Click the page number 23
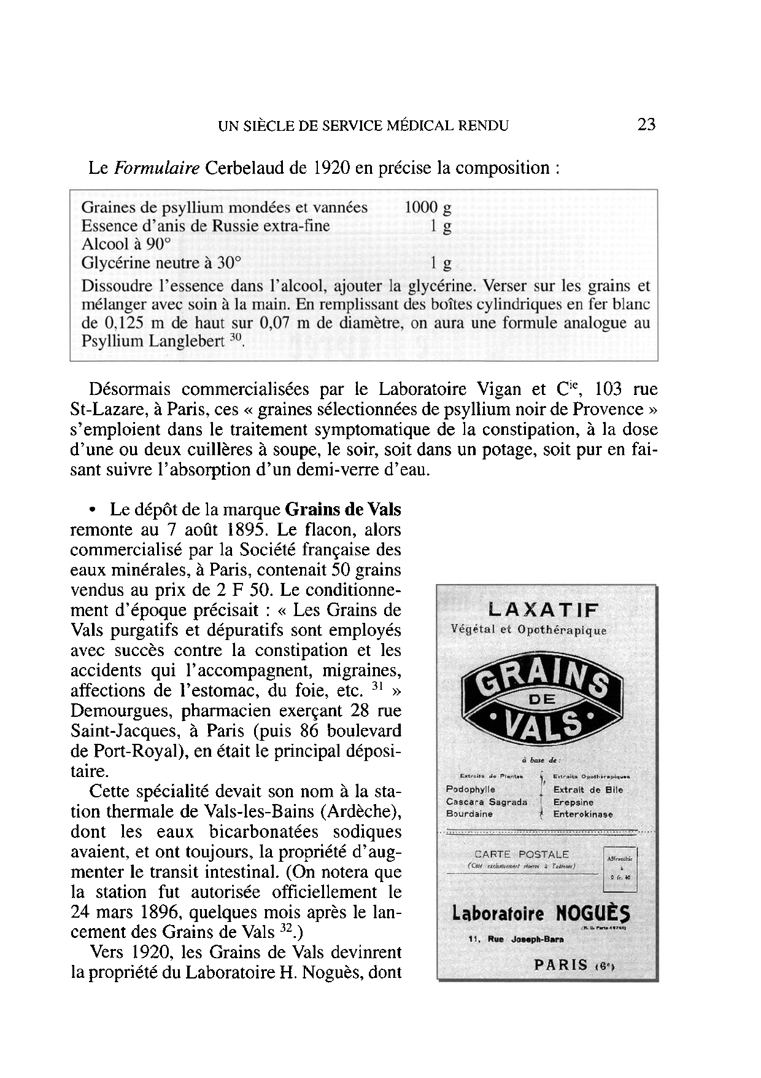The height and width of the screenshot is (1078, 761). coord(647,125)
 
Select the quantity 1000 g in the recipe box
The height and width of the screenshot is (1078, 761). coord(428,208)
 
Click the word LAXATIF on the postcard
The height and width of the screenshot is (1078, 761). coord(543,610)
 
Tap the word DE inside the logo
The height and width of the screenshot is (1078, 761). coord(542,698)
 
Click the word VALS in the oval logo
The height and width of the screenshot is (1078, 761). coord(543,723)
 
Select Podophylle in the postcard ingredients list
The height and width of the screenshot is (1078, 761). coord(470,789)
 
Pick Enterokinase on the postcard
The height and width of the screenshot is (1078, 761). coord(583,814)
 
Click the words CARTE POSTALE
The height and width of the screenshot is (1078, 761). coord(522,854)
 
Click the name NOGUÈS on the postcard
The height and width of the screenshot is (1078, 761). coord(592,913)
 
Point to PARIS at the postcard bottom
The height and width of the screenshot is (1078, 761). coord(561,964)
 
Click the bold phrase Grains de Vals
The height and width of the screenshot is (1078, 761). coord(343,509)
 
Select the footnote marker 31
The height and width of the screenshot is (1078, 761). coord(378,687)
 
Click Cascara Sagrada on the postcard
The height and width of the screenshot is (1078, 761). coord(486,802)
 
